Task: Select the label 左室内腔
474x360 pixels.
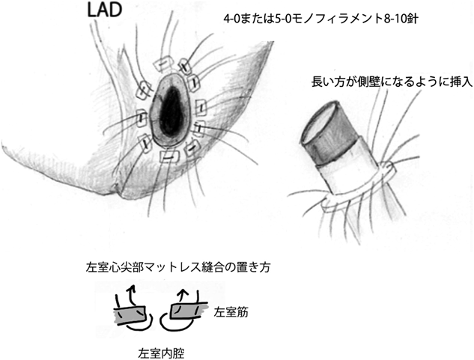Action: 159,349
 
